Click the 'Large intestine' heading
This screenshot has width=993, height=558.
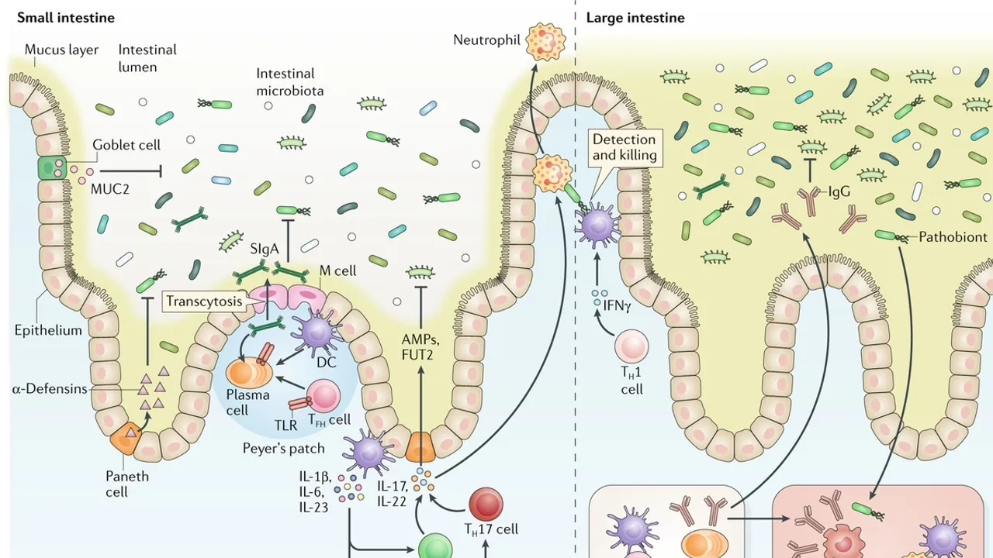[x=635, y=17]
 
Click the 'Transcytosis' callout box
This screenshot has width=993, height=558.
[x=203, y=301]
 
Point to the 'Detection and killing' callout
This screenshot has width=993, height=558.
[x=624, y=147]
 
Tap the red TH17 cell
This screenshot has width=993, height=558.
[x=486, y=505]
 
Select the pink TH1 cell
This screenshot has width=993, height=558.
[x=631, y=346]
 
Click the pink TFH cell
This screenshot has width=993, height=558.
[x=324, y=395]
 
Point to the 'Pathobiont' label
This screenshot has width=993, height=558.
[x=953, y=237]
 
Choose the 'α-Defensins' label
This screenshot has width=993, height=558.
[x=48, y=388]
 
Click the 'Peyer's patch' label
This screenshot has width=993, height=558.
[x=283, y=448]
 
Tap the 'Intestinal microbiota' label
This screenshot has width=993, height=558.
[x=290, y=82]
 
